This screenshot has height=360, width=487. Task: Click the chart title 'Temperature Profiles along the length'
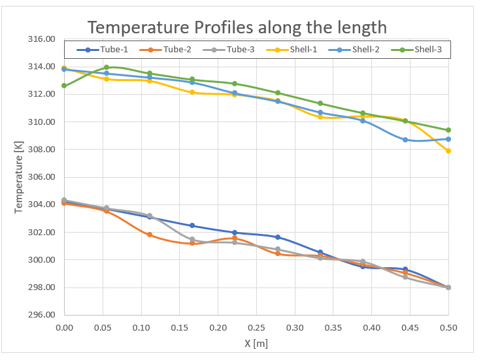coord(237,27)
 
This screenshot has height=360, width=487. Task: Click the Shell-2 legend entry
coord(358,50)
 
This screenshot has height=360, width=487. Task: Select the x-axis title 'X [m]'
coord(256,343)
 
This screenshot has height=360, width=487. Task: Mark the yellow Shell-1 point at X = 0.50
coord(448,151)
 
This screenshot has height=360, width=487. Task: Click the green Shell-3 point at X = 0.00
coord(64,86)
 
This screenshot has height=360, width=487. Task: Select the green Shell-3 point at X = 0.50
coord(448,130)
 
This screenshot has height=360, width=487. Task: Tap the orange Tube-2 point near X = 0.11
coord(150,235)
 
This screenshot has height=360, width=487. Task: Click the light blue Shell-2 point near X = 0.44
coord(405,140)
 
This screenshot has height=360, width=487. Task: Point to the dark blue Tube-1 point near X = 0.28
coord(278,237)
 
